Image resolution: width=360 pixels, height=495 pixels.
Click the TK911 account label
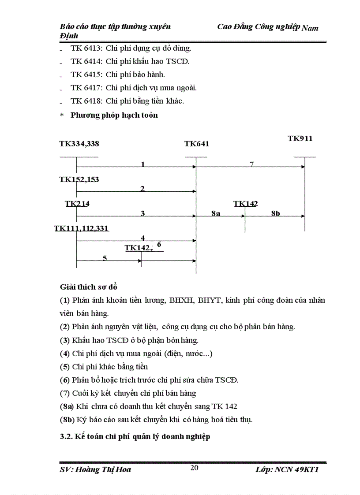pyautogui.click(x=300, y=138)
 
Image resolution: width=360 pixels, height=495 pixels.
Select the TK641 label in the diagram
pyautogui.click(x=197, y=144)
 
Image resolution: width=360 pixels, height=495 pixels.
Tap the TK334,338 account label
pyautogui.click(x=79, y=144)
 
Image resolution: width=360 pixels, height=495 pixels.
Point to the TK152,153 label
pyautogui.click(x=79, y=179)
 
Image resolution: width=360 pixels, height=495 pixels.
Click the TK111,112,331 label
pyautogui.click(x=81, y=228)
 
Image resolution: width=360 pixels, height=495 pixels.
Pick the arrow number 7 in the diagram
pyautogui.click(x=251, y=164)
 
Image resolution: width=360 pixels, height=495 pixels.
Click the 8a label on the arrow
pyautogui.click(x=216, y=213)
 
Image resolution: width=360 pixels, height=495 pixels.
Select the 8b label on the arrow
pyautogui.click(x=275, y=213)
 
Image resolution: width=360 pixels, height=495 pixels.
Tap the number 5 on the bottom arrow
pyautogui.click(x=105, y=258)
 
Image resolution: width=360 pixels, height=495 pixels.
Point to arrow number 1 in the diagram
pyautogui.click(x=142, y=164)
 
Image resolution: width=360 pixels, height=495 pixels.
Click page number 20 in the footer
pyautogui.click(x=194, y=468)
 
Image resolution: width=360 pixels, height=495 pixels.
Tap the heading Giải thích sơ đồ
pyautogui.click(x=88, y=287)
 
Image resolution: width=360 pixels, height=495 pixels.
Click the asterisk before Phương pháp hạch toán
pyautogui.click(x=62, y=115)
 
